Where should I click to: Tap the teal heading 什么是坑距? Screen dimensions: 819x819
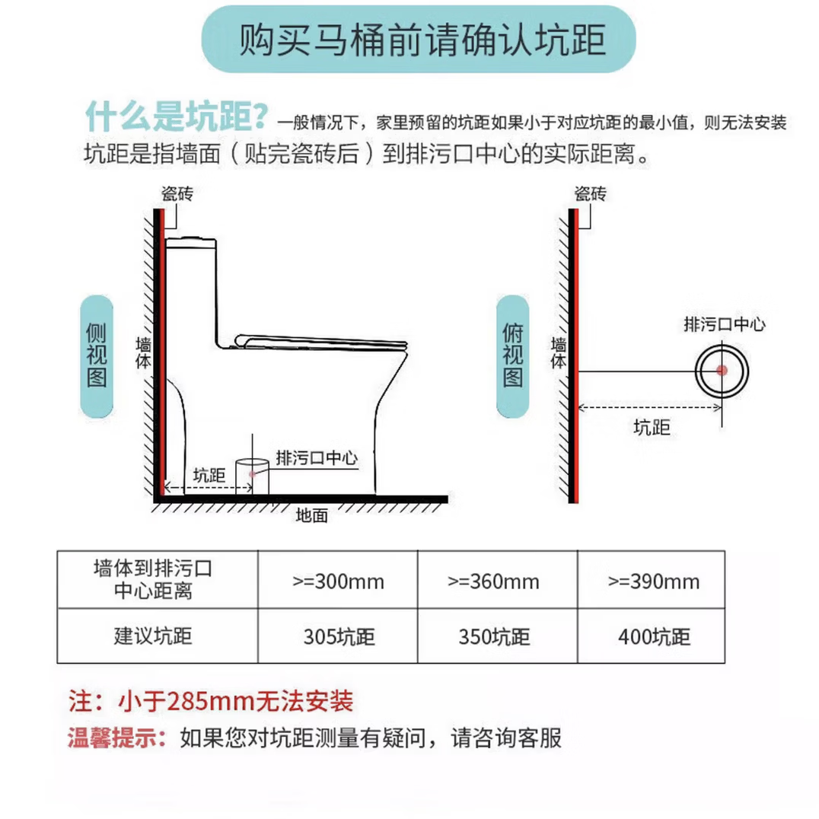pos(176,118)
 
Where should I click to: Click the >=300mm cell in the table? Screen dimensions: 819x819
pos(338,583)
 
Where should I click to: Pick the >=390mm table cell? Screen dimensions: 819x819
pos(652,583)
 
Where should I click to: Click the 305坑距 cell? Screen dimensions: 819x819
pos(338,636)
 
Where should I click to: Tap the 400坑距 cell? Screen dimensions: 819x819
pos(652,636)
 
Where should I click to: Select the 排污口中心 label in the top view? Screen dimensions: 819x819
pos(724,325)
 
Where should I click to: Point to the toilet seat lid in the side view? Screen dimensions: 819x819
pos(320,340)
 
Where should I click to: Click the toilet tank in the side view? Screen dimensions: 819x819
pos(193,289)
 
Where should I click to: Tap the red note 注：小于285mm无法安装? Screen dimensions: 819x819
pos(211,700)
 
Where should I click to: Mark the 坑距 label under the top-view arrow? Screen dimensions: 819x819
pos(652,428)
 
